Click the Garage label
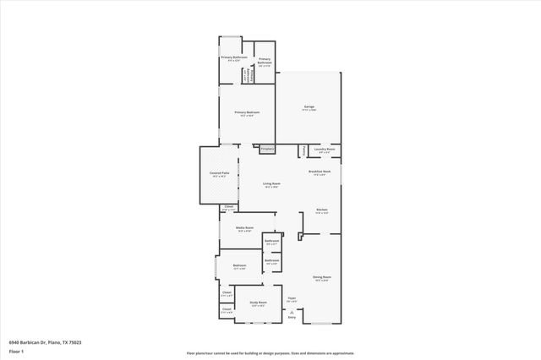(309, 106)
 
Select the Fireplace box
(267, 149)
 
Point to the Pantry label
(303, 150)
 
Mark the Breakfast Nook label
(320, 172)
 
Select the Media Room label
(243, 228)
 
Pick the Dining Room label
(322, 277)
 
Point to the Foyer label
(292, 298)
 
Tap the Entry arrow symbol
(292, 311)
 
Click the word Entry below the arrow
(292, 317)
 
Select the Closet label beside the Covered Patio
(228, 207)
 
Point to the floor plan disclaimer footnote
(270, 352)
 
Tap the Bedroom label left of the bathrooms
(238, 267)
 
